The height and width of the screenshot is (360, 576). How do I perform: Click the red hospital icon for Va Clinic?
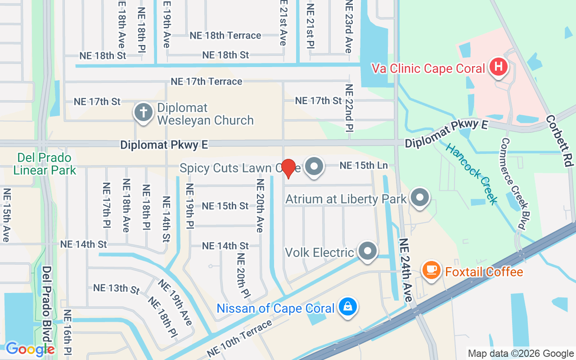499,67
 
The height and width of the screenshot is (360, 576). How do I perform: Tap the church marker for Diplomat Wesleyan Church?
144,112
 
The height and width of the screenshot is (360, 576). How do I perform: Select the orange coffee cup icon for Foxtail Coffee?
432,270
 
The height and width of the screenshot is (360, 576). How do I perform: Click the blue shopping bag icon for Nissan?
347,306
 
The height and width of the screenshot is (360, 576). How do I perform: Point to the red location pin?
288,168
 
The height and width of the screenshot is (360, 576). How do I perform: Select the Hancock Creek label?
472,174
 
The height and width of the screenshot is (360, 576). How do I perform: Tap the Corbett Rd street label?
559,141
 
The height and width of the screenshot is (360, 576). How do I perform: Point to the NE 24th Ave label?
405,270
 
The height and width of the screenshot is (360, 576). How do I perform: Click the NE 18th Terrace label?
225,36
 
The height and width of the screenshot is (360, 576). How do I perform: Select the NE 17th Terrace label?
206,81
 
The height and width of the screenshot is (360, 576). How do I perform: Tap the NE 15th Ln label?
364,166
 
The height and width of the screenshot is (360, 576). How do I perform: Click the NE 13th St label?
117,288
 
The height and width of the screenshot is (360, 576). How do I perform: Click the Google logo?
30,349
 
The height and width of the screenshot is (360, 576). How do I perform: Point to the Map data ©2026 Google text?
520,354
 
